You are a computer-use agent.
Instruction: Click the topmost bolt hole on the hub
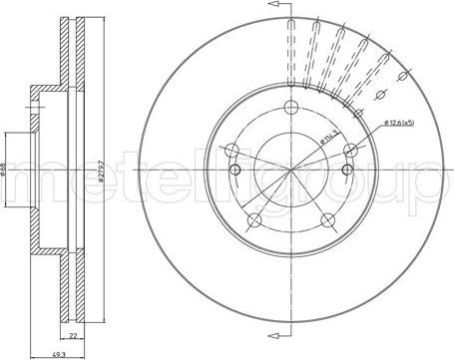tap(290, 110)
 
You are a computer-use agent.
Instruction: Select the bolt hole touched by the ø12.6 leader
tap(350, 151)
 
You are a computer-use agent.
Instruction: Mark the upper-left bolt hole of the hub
tap(231, 152)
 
